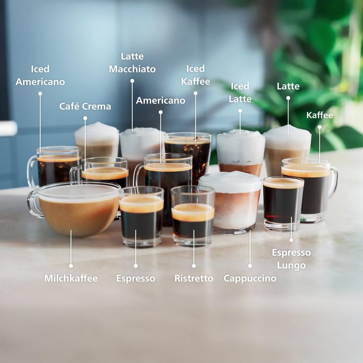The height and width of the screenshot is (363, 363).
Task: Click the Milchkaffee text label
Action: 71,278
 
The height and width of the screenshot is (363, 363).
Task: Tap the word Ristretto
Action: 194,278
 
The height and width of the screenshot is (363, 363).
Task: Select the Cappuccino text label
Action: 250,278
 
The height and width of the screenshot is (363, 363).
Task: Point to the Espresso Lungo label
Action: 291,259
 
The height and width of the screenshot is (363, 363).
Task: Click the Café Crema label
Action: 85,107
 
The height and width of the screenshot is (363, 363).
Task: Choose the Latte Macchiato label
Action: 132,63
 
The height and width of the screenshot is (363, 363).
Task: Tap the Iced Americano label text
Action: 40,75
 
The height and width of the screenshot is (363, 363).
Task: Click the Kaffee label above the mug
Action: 319,115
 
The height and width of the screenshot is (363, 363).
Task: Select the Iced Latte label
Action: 240,92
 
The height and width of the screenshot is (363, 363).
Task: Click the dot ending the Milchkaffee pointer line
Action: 71,266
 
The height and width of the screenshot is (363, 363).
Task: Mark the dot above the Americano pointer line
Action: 161,112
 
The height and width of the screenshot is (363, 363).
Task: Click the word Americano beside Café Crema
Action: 160,100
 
